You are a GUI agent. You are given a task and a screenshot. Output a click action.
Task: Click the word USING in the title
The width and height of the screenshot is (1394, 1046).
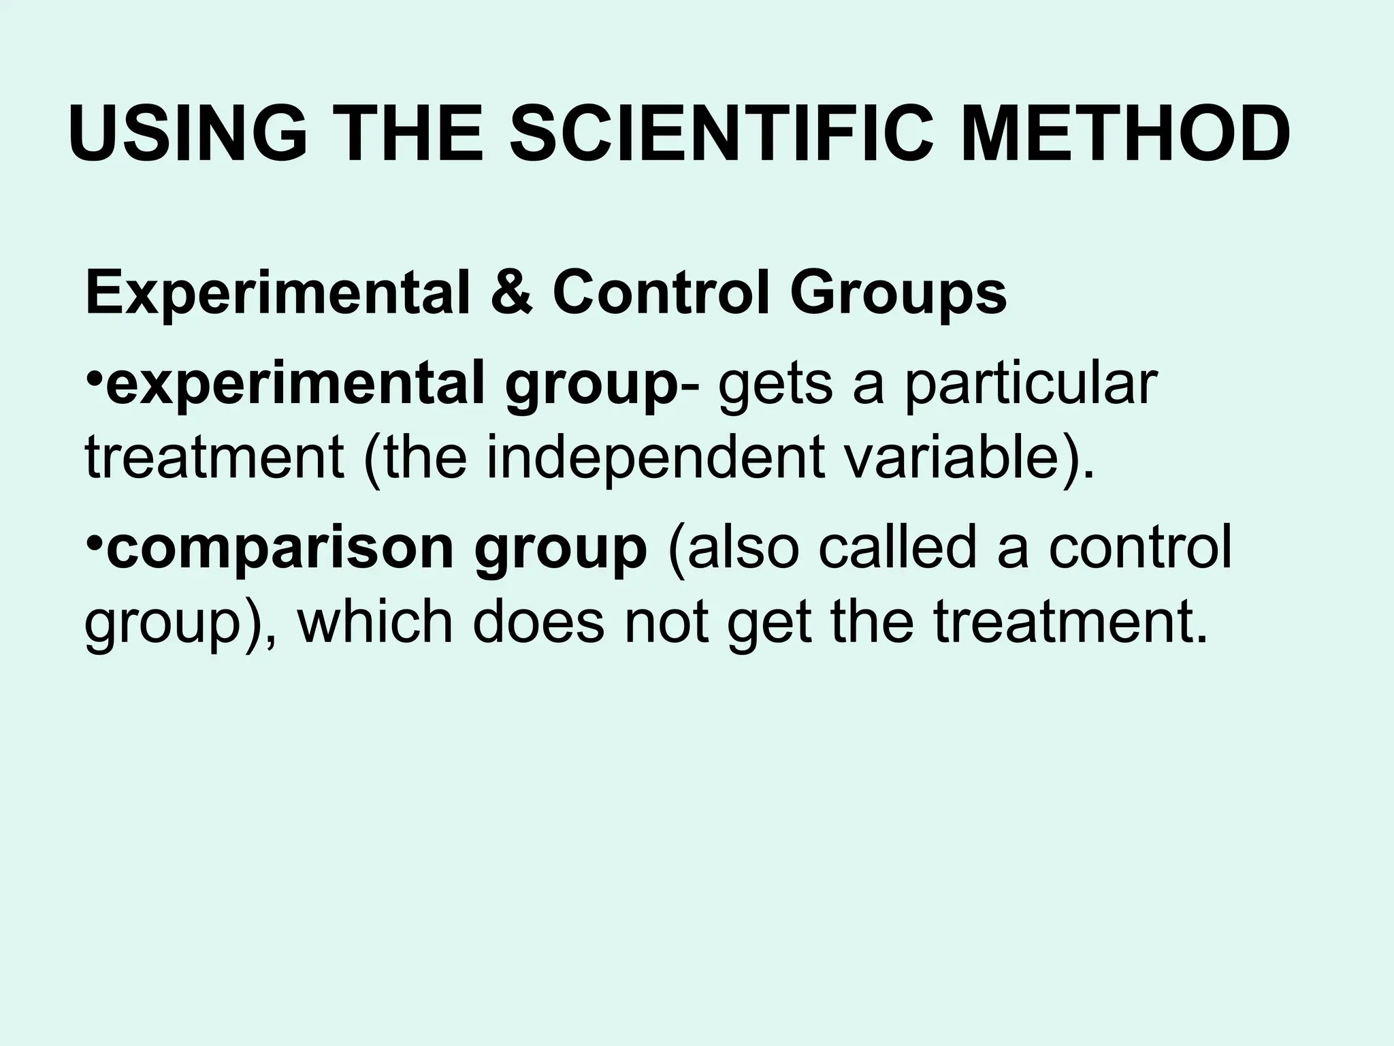(x=188, y=134)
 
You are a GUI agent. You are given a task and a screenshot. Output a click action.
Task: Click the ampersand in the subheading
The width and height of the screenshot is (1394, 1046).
(x=510, y=294)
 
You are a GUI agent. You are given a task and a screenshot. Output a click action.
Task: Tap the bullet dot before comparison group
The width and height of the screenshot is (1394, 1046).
(x=95, y=545)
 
